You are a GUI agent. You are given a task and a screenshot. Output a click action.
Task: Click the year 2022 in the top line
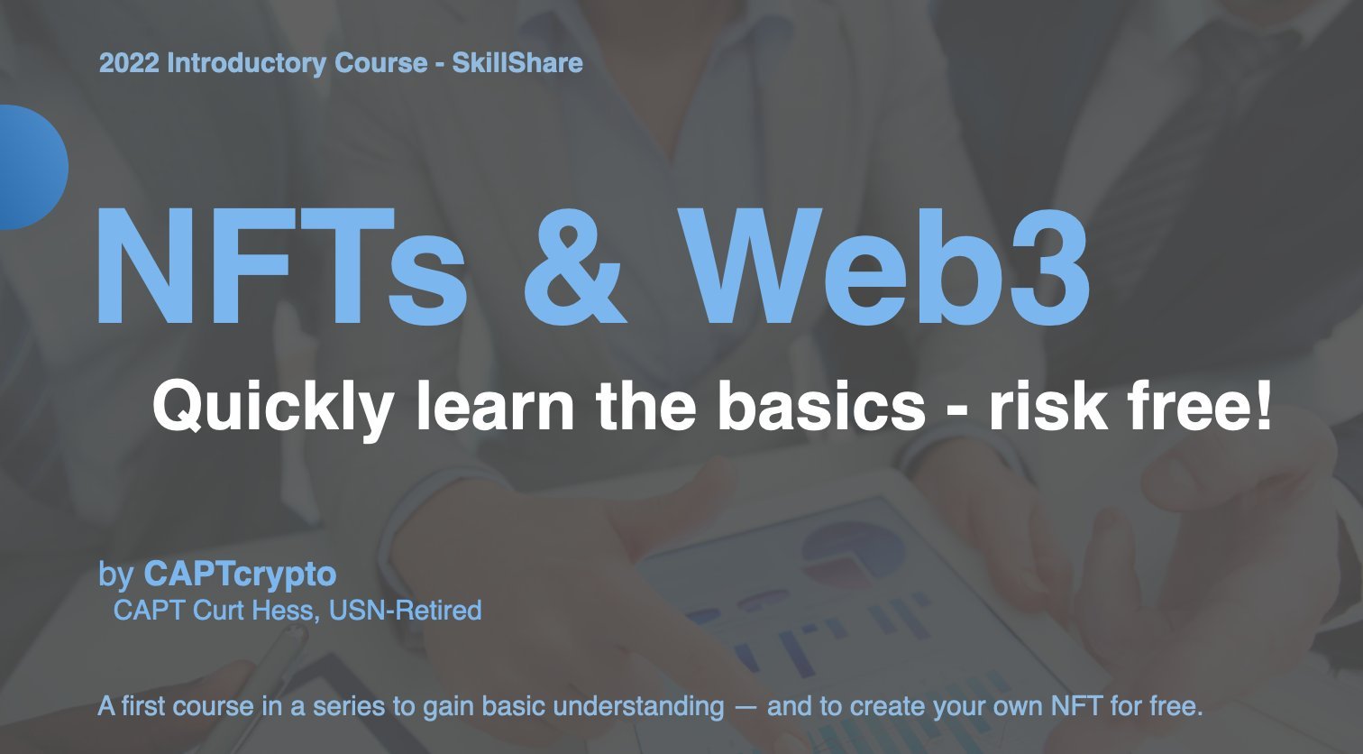click(x=129, y=62)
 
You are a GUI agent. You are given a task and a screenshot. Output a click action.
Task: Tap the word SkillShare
click(x=517, y=62)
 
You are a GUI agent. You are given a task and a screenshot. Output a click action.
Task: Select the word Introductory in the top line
click(x=246, y=64)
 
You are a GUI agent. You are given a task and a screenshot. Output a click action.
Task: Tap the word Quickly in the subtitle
click(x=272, y=407)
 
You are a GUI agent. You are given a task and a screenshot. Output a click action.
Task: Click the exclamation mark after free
click(x=1263, y=405)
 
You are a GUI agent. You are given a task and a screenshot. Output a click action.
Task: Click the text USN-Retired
click(x=406, y=611)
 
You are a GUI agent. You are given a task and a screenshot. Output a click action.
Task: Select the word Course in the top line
click(x=381, y=62)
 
